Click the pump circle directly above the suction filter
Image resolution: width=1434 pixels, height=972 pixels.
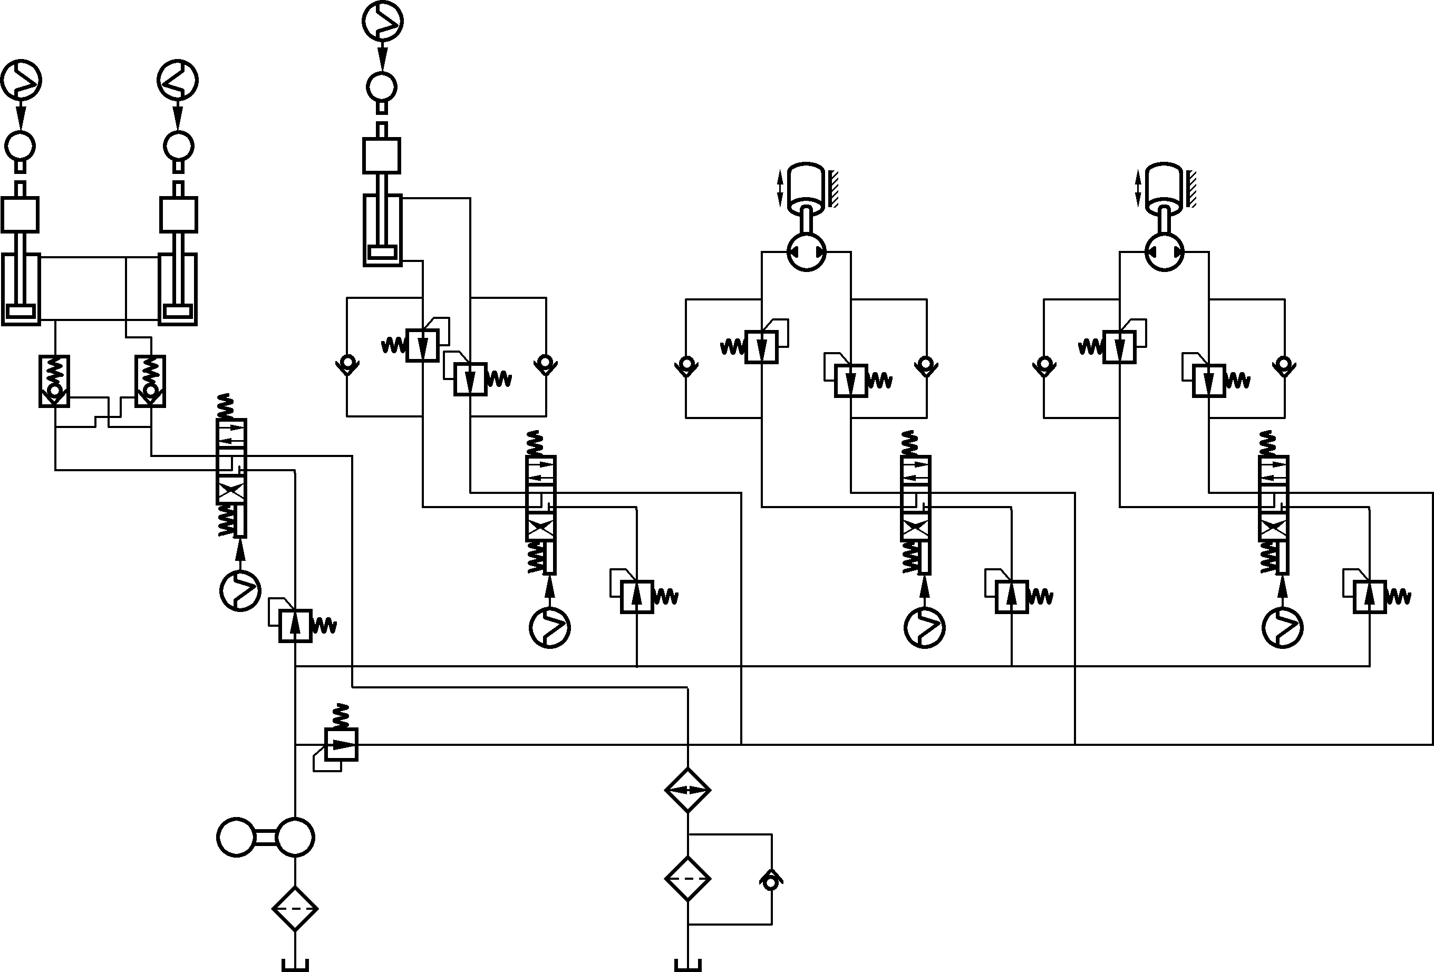pos(295,837)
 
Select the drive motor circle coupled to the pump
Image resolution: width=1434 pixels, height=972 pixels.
pos(237,837)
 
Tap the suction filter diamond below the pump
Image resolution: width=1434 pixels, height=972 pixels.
pos(295,908)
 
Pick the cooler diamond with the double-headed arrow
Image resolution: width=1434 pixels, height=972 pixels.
pos(687,790)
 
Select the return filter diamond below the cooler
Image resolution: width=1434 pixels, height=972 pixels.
pos(687,878)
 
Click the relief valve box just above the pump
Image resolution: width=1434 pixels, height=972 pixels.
pos(341,744)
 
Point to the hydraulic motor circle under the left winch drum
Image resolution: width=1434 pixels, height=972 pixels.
pos(807,251)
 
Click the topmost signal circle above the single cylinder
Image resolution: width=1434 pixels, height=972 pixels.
pos(383,22)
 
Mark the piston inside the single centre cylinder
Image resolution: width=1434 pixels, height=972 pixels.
pos(383,252)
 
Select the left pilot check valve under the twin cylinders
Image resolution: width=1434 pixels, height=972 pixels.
pos(55,381)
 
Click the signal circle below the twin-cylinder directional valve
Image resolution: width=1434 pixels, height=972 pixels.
pos(240,591)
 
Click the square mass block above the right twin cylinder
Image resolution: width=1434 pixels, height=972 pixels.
pos(179,215)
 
